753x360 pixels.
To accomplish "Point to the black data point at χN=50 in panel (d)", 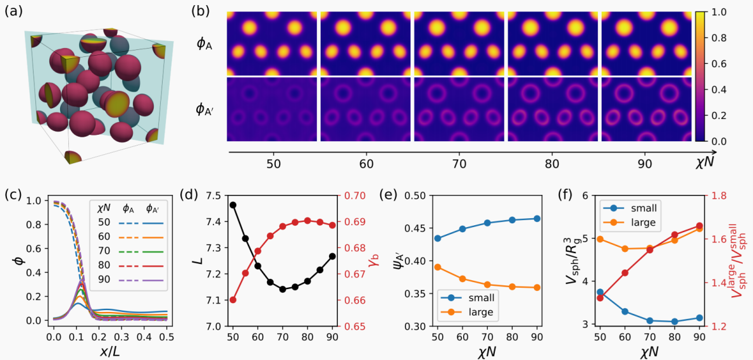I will tap(233, 205).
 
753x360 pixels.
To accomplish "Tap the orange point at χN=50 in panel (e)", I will tap(437, 267).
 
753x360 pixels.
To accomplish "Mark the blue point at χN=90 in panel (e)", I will tap(535, 218).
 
